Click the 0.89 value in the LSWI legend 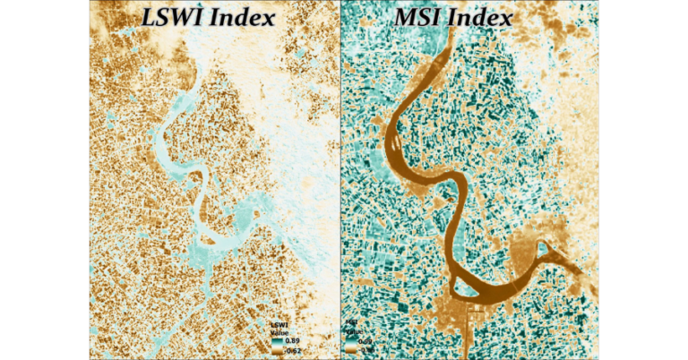point(292,341)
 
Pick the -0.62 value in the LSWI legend point(293,351)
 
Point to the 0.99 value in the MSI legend point(365,341)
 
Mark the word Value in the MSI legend point(351,330)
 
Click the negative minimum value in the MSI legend point(365,350)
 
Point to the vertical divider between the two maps point(340,179)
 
